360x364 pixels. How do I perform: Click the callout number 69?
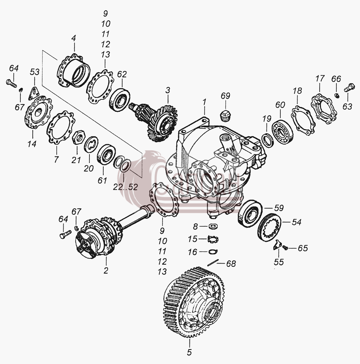(225, 96)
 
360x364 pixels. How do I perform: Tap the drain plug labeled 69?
(224, 116)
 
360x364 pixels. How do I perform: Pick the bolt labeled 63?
(349, 88)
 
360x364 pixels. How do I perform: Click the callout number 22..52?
(125, 187)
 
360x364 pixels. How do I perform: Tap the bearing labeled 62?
(120, 99)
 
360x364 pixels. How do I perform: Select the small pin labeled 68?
(213, 262)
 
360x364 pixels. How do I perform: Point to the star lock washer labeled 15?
(213, 239)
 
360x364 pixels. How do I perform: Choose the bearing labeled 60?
(283, 131)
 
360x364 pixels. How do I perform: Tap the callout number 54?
(296, 222)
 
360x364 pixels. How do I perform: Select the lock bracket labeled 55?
(277, 245)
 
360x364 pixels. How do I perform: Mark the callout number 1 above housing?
(204, 102)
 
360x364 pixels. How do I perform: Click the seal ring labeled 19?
(268, 140)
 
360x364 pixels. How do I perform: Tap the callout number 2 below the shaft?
(106, 270)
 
